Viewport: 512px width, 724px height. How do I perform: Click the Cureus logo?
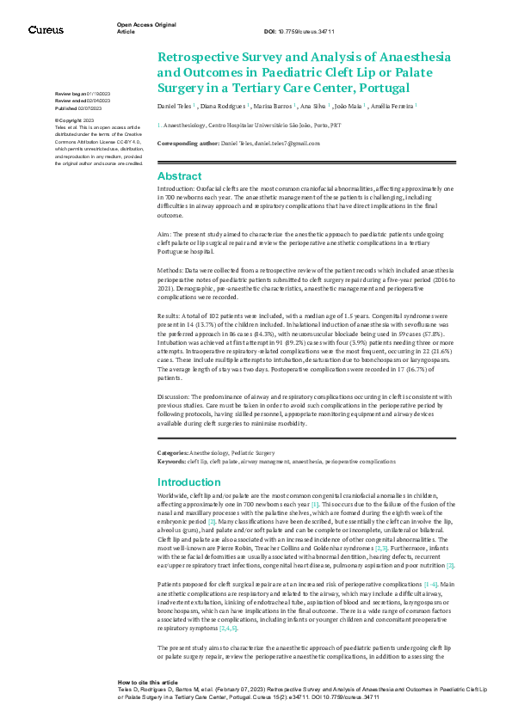(46, 29)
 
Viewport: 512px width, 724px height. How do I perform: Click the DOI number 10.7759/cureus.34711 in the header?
(312, 31)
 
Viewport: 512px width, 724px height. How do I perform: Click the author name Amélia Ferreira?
(392, 107)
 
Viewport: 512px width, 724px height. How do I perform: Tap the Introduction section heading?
(189, 482)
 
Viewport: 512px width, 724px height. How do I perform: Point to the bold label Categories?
(172, 451)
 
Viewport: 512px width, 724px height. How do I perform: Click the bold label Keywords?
(171, 461)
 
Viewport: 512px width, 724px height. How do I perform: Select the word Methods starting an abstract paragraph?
(170, 270)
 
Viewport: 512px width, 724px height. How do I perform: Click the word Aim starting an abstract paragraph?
(163, 232)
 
